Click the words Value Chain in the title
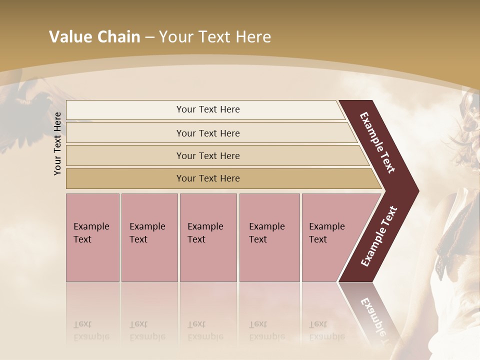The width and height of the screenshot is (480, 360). (x=94, y=37)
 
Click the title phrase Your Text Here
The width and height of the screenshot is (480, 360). (x=215, y=37)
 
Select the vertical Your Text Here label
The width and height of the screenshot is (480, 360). (x=57, y=143)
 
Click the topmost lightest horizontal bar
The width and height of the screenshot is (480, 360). (x=207, y=109)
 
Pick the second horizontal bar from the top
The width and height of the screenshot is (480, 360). (x=207, y=133)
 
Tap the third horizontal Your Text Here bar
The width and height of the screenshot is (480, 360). (x=207, y=155)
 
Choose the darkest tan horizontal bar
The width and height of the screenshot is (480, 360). (x=207, y=178)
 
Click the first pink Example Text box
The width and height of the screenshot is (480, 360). (x=92, y=237)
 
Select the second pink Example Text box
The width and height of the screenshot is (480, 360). (x=149, y=237)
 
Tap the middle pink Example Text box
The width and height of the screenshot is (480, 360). (x=208, y=237)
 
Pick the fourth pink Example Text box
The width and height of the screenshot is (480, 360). (x=269, y=237)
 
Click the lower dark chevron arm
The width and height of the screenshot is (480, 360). (x=379, y=237)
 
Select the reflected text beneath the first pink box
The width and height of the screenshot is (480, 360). (x=91, y=330)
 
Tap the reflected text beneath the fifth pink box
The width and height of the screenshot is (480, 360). (x=326, y=330)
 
